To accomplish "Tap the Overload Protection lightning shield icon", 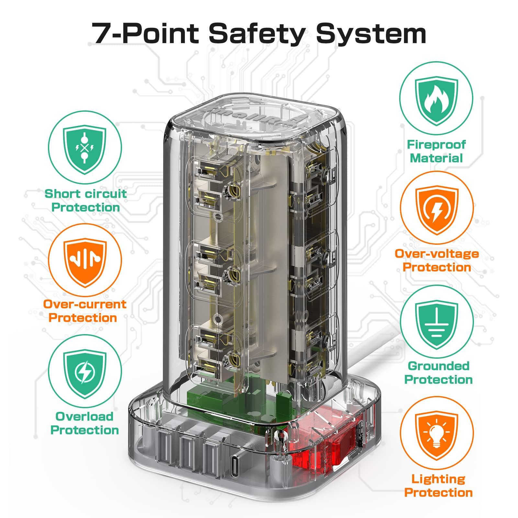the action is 85,373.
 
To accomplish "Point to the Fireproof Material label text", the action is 436,151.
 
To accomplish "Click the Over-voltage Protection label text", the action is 437,260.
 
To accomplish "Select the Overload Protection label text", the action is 85,423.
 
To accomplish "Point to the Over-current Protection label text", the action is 85,311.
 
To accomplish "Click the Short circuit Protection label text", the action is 85,200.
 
